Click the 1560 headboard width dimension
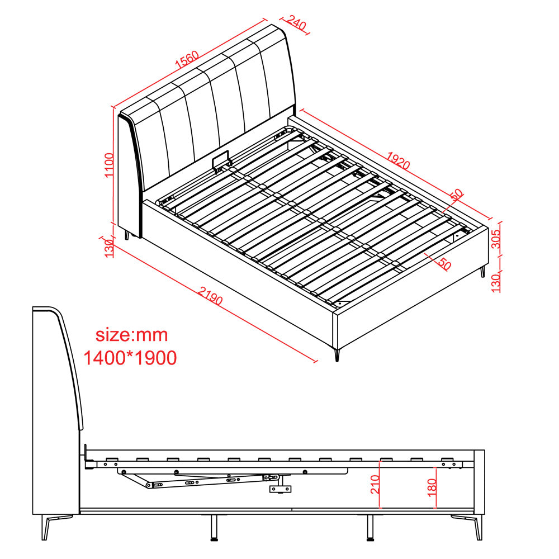coord(187,60)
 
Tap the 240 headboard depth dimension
coord(296,23)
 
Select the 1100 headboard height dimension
coord(108,165)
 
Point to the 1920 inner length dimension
coord(398,160)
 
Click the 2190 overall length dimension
coord(210,296)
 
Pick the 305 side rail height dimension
coord(496,239)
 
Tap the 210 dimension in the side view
coord(375,484)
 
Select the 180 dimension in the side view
coord(432,487)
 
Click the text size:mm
coord(131,335)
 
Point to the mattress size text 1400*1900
coord(130,358)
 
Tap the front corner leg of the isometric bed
coord(337,355)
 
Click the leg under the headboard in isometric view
coord(126,235)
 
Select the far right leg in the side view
coord(477,527)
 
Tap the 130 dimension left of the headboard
coord(109,246)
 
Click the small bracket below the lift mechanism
coord(280,489)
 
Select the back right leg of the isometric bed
coord(483,272)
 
